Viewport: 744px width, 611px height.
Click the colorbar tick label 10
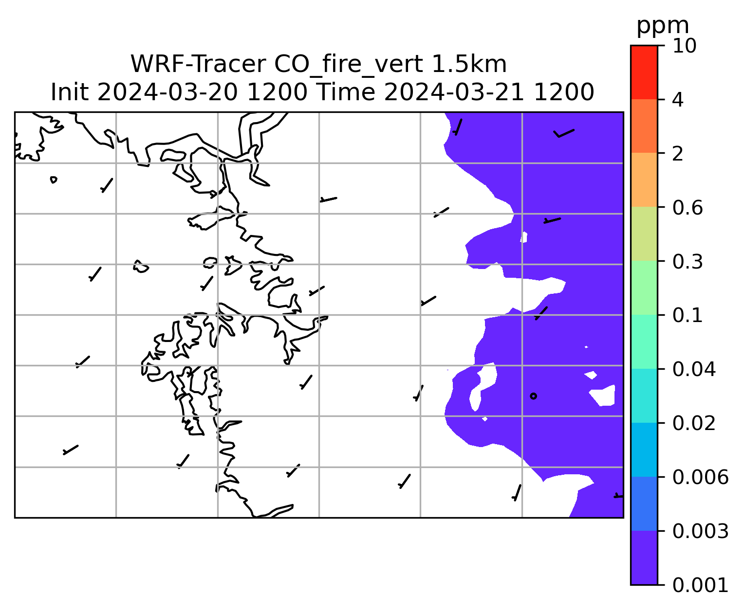684,46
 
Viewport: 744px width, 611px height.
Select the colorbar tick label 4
678,100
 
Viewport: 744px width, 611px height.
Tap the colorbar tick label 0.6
688,208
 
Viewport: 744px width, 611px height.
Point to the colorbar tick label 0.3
688,262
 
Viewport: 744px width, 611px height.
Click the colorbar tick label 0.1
687,315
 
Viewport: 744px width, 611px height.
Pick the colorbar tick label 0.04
694,369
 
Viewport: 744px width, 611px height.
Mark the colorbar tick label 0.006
700,477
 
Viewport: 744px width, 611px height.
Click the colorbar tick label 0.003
700,531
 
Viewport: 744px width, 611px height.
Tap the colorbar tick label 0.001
700,586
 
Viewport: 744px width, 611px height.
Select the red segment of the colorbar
644,72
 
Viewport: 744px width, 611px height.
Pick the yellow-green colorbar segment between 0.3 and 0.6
644,234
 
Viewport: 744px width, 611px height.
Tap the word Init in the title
70,92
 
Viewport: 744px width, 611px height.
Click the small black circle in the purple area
533,396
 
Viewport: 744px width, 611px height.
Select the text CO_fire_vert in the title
349,65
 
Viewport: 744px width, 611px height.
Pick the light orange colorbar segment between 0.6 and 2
644,180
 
